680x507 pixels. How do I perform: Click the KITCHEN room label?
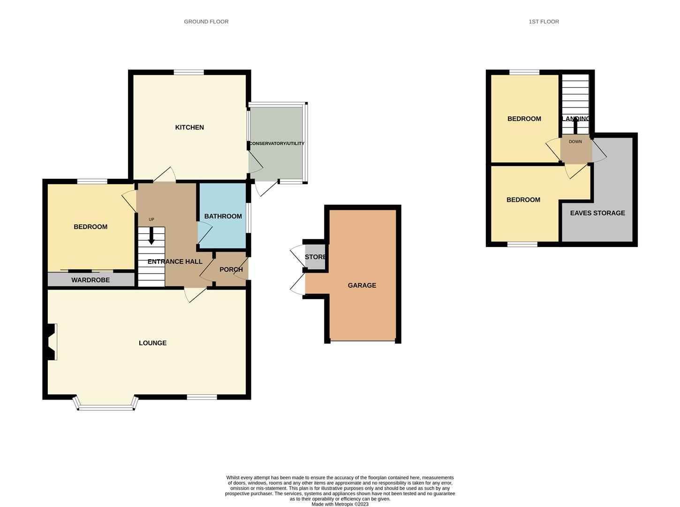tap(189, 127)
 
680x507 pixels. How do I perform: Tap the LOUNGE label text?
tap(152, 343)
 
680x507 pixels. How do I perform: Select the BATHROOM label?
tap(223, 216)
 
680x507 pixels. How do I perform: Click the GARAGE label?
tap(362, 285)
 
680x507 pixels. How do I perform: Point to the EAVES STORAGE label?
tap(597, 213)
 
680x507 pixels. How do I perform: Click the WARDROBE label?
tap(91, 280)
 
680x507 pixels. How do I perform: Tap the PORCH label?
tap(231, 269)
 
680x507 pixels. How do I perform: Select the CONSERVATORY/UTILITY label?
tap(277, 144)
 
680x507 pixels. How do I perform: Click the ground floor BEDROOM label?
tap(91, 227)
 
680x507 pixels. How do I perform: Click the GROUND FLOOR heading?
tap(206, 22)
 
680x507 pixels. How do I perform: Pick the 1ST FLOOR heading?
tap(544, 22)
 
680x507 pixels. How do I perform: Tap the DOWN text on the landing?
tap(575, 142)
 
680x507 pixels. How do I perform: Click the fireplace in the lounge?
tap(52, 342)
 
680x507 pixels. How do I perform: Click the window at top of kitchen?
tap(189, 72)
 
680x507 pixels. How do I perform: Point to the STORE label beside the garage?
tap(315, 257)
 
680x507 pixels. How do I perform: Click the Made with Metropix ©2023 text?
tap(340, 504)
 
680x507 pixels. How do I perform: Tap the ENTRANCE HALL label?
tap(175, 262)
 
